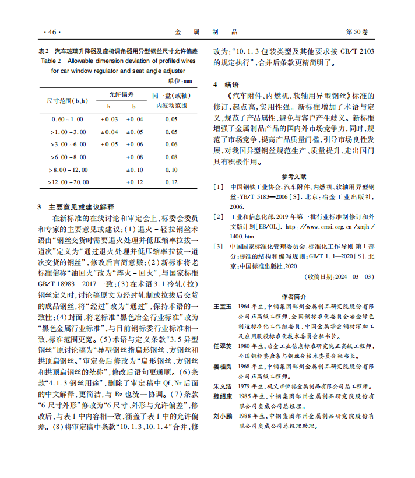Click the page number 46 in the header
pyautogui.click(x=52, y=31)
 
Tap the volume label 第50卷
pyautogui.click(x=361, y=31)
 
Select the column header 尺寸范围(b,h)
pyautogui.click(x=67, y=100)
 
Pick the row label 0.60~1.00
pyautogui.click(x=69, y=119)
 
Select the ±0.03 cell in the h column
pyautogui.click(x=109, y=119)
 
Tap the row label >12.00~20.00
pyautogui.click(x=69, y=182)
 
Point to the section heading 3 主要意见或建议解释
pyautogui.click(x=76, y=206)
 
